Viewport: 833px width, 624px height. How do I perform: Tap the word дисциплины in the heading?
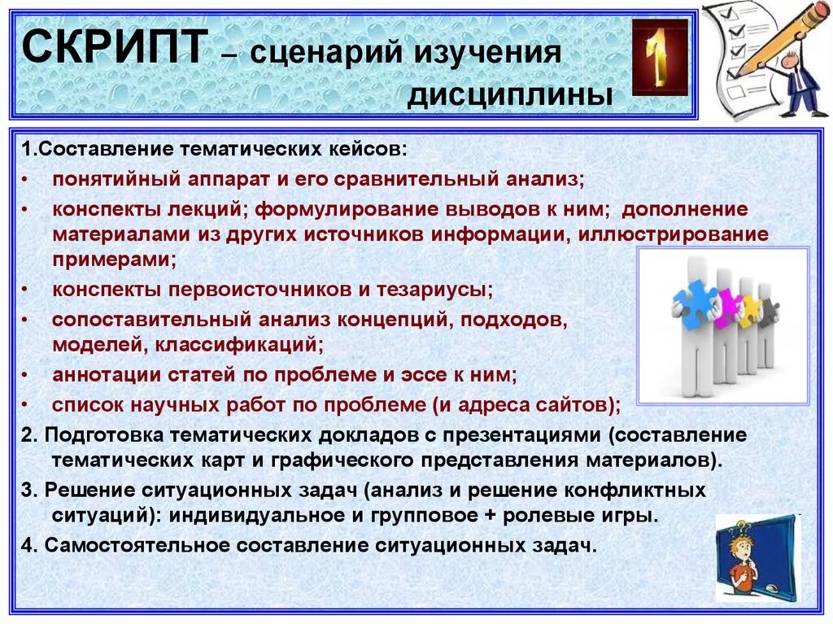point(510,96)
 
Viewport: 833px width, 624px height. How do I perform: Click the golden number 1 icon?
point(658,58)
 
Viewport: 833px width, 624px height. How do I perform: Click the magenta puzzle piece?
point(723,308)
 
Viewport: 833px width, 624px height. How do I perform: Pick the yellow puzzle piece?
point(746,312)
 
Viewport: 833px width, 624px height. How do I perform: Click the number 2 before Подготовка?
point(28,434)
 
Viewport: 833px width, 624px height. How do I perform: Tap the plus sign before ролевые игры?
point(489,516)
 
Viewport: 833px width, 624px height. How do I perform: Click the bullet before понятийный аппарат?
point(28,178)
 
